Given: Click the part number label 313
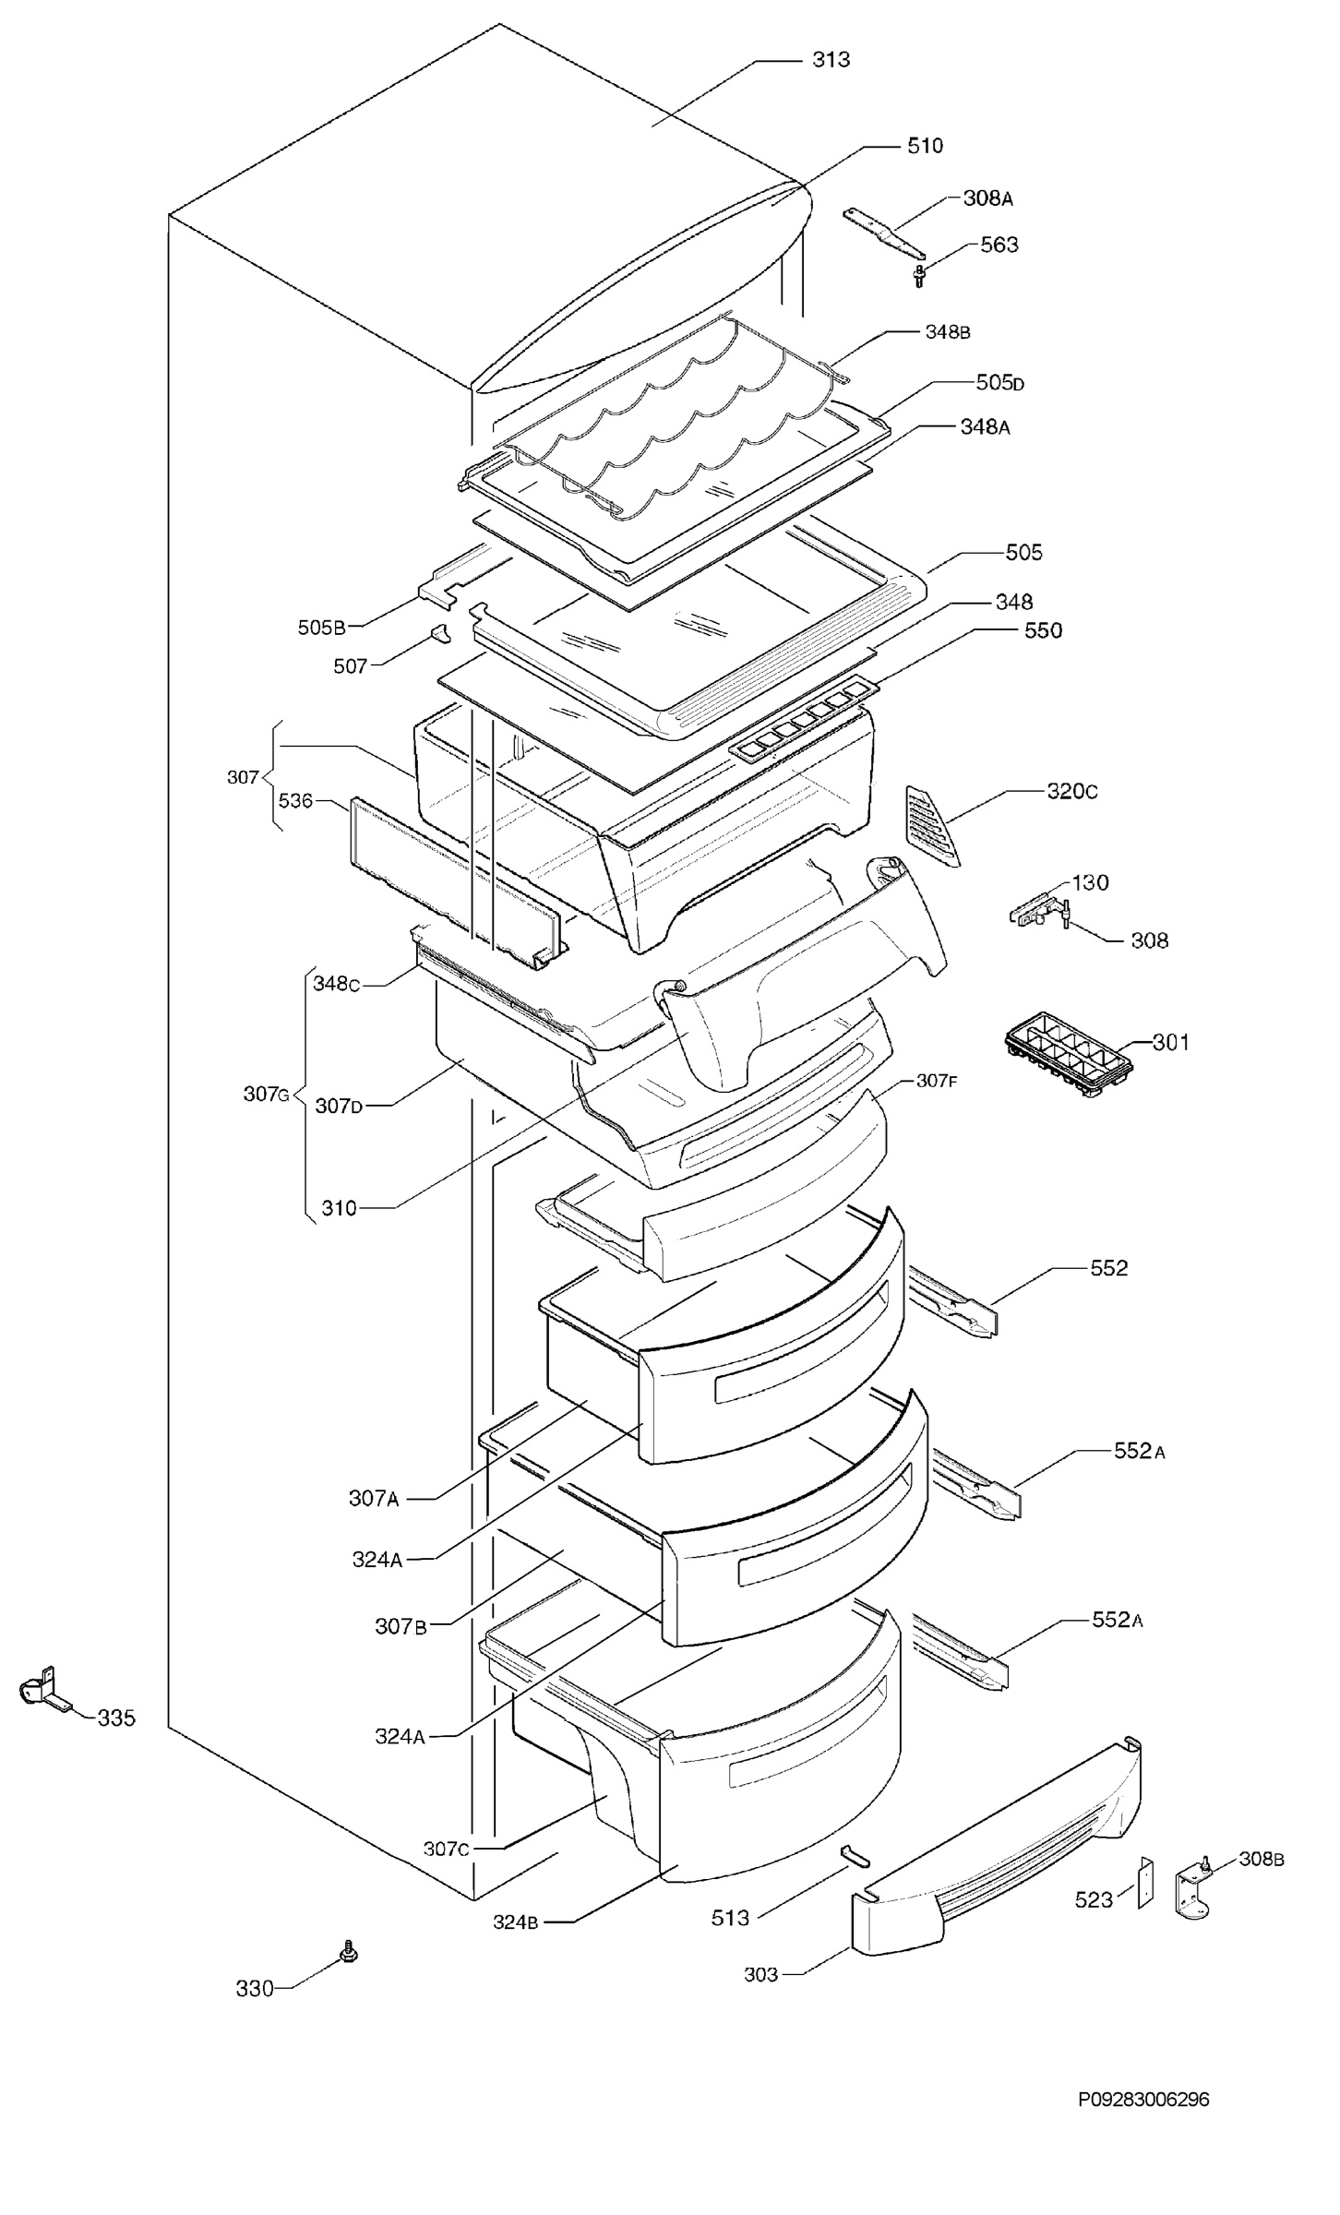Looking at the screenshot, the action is tap(831, 60).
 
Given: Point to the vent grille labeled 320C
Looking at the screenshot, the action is tap(932, 824).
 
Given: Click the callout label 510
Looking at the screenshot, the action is tap(925, 145).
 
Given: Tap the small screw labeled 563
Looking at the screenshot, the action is tap(919, 276).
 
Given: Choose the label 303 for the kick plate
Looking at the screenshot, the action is tap(761, 1974).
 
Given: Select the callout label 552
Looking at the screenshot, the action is tap(1108, 1268).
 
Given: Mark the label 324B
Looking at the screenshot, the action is tap(516, 1922).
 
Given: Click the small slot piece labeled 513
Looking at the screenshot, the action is tap(854, 1856).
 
